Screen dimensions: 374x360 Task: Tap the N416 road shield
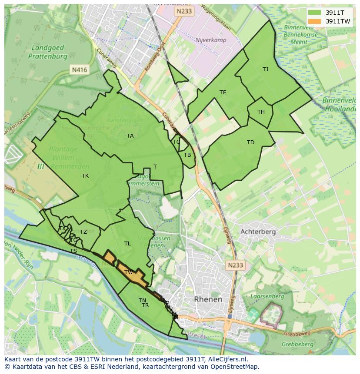tap(79, 69)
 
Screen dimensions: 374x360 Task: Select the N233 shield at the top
tap(184, 12)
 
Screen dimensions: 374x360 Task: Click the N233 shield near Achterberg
tap(234, 264)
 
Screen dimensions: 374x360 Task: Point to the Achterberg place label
tap(258, 232)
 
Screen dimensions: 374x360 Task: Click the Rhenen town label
tap(208, 299)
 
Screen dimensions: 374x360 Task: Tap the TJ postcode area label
tap(265, 69)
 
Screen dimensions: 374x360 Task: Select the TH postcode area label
tap(261, 112)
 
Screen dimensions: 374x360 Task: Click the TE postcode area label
tap(223, 92)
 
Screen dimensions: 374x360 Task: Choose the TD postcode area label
tap(250, 142)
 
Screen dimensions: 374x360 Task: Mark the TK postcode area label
tap(85, 175)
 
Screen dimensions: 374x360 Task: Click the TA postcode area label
tap(130, 136)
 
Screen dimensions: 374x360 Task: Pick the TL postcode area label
tap(127, 243)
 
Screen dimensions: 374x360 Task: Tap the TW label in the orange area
tap(129, 272)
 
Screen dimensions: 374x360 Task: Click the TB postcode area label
tap(187, 155)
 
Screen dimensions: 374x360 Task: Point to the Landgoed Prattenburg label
tap(48, 52)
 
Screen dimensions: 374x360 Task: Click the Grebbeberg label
tap(297, 344)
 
